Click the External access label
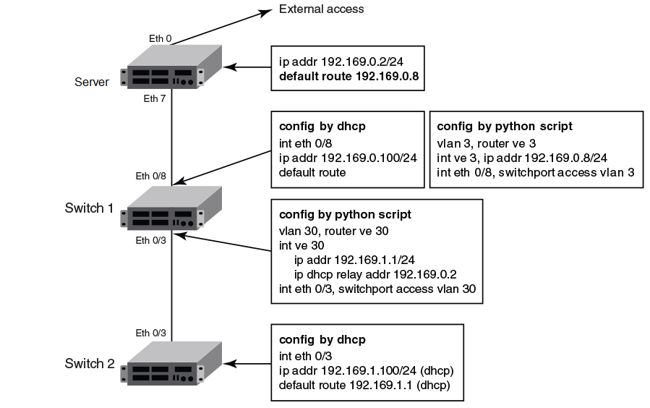click(321, 9)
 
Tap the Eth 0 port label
click(160, 38)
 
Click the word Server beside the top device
click(92, 82)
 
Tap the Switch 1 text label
click(90, 208)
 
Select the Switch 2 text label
click(90, 363)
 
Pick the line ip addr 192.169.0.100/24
click(336, 158)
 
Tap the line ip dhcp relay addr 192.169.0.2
click(375, 274)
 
